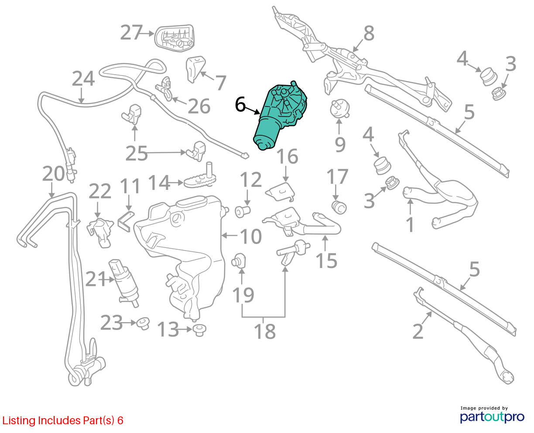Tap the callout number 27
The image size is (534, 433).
pyautogui.click(x=131, y=32)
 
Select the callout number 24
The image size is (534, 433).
pyautogui.click(x=83, y=78)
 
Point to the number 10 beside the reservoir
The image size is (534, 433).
pyautogui.click(x=251, y=236)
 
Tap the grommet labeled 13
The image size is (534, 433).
pyautogui.click(x=199, y=330)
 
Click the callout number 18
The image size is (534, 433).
pyautogui.click(x=265, y=331)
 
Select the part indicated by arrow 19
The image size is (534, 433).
pyautogui.click(x=238, y=261)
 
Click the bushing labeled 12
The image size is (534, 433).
pyautogui.click(x=243, y=212)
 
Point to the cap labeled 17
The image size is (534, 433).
pyautogui.click(x=339, y=207)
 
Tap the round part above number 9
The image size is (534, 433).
pyautogui.click(x=339, y=109)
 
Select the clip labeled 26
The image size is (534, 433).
pyautogui.click(x=164, y=89)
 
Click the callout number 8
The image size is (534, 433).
pyautogui.click(x=369, y=33)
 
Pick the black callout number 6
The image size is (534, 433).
pyautogui.click(x=240, y=105)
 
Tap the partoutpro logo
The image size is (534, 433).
pyautogui.click(x=492, y=415)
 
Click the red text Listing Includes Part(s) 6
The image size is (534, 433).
pyautogui.click(x=63, y=420)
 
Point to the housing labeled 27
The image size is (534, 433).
pyautogui.click(x=175, y=38)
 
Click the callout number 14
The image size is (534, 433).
pyautogui.click(x=159, y=182)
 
